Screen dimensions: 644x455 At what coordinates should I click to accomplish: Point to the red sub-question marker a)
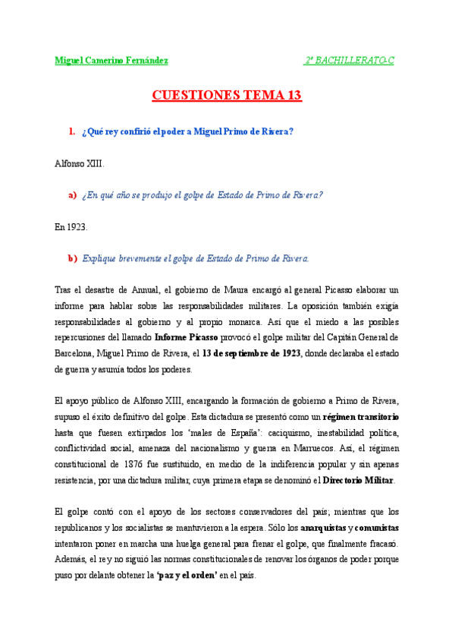point(73,195)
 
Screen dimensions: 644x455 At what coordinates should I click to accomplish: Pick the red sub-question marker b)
point(73,258)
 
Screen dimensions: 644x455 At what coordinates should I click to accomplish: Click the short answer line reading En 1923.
point(71,226)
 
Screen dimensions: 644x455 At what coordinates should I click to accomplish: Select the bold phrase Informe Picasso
point(187,336)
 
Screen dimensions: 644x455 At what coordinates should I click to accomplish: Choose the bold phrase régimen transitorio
point(361,417)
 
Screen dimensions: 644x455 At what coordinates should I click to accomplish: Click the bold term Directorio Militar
point(359,481)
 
